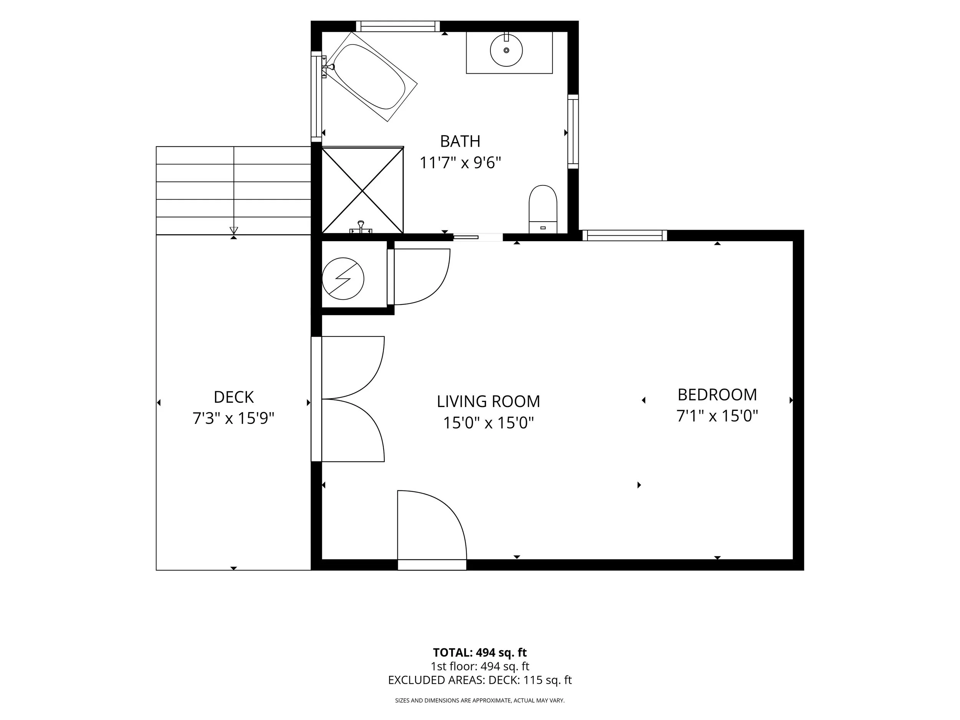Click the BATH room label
[460, 141]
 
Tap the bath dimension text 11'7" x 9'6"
[460, 163]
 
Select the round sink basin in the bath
[506, 50]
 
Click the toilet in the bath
[543, 209]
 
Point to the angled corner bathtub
[371, 76]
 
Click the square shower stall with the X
[363, 190]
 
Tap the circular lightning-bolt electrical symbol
[343, 279]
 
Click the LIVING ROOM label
[488, 401]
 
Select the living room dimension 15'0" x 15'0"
[488, 423]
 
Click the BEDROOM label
[717, 394]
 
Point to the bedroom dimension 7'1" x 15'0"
[717, 416]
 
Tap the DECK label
[233, 397]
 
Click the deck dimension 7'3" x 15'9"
[233, 419]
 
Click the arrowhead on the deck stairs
[234, 230]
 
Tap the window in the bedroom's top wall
[624, 235]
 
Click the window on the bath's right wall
[573, 131]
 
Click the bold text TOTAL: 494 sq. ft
[480, 653]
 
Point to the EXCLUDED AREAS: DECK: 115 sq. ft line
[480, 680]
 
